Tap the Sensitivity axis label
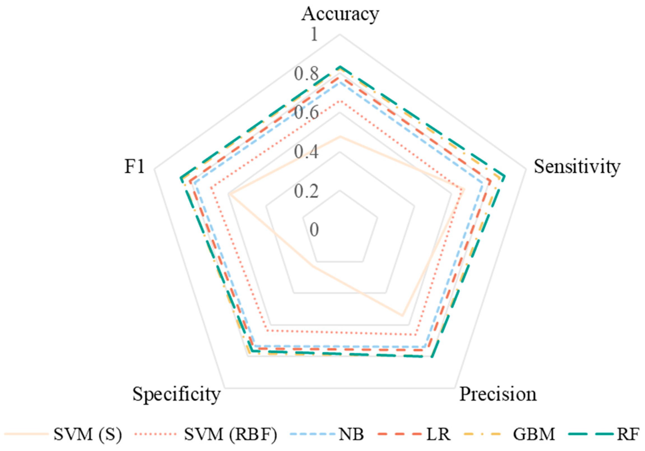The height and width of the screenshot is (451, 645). [577, 166]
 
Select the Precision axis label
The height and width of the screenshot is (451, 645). [498, 394]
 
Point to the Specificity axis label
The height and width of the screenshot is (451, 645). [176, 394]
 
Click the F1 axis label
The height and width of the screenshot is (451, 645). [134, 167]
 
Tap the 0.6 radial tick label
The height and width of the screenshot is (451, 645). [307, 113]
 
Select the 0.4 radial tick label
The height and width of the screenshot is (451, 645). [307, 152]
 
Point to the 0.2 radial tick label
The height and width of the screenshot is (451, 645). [307, 191]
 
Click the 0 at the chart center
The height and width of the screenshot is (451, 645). [314, 230]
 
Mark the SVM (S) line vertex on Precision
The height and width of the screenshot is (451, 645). [402, 316]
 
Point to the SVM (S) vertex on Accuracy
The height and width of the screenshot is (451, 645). [340, 137]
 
